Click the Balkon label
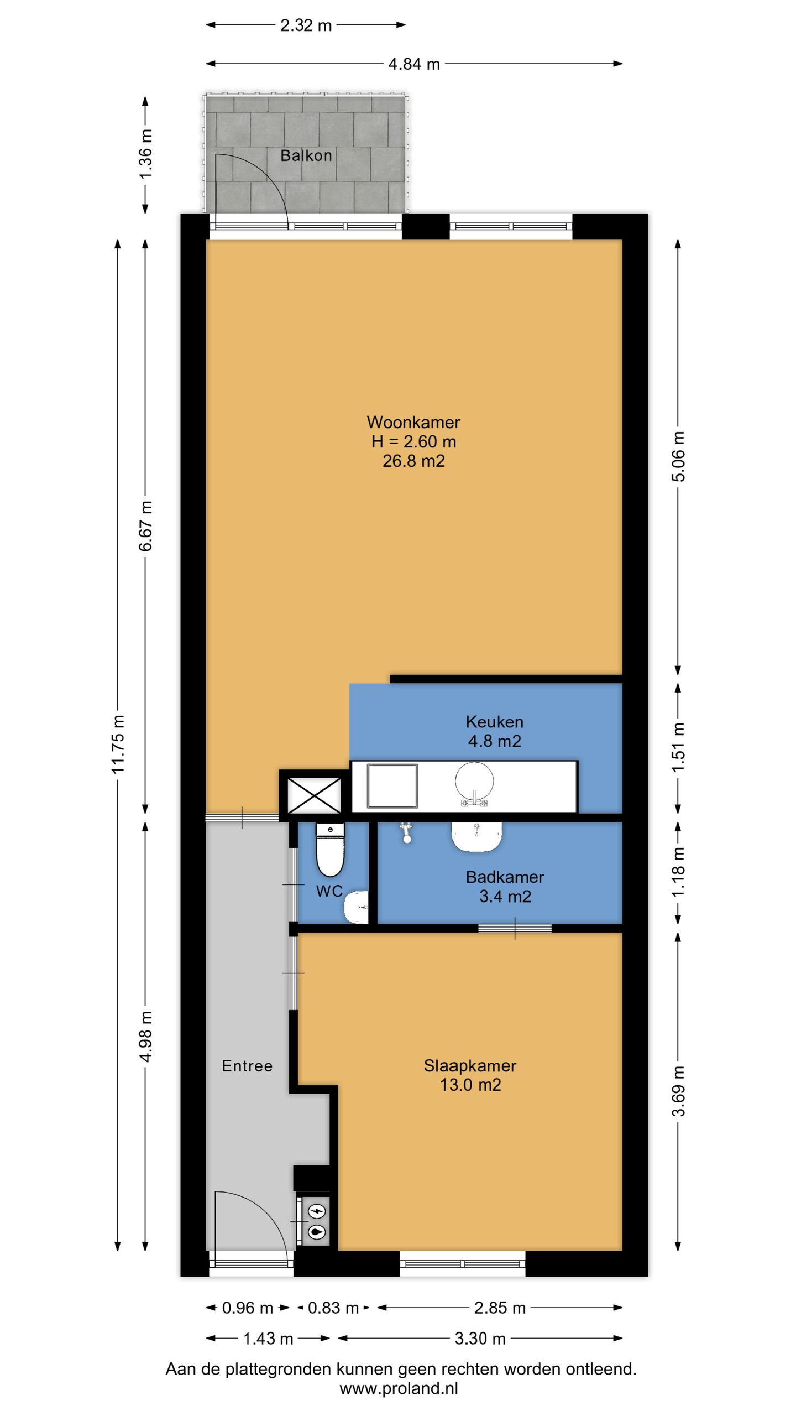tap(306, 155)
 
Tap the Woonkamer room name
tap(413, 422)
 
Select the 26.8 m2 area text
tap(413, 461)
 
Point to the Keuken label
tap(494, 721)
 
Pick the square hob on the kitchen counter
tap(392, 787)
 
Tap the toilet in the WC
tap(330, 849)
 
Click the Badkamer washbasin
tap(476, 836)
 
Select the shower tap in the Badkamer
tap(407, 832)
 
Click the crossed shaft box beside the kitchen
tap(315, 795)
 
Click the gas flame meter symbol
tap(317, 1231)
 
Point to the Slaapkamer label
tap(470, 1065)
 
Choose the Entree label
tap(247, 1066)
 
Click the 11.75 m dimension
tap(118, 743)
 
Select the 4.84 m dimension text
tap(414, 64)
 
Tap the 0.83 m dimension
tap(333, 1308)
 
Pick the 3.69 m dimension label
tap(678, 1091)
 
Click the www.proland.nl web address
tap(399, 1388)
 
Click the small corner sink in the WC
tap(357, 907)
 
